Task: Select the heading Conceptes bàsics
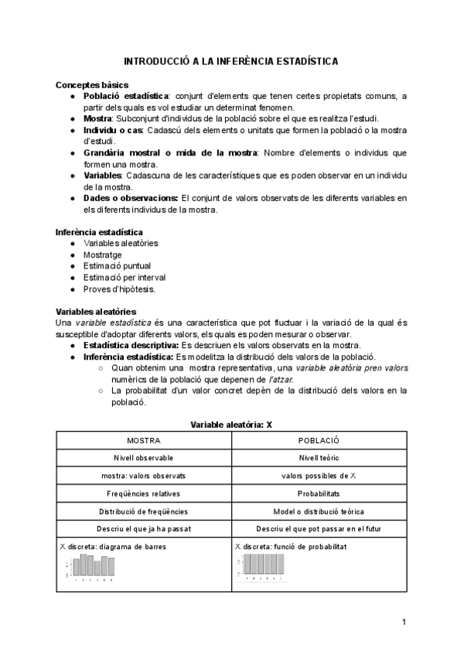point(92,84)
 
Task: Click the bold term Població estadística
point(126,96)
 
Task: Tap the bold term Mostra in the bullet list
point(97,119)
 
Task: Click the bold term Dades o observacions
point(131,199)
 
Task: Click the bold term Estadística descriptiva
point(131,345)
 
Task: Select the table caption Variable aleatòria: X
point(231,425)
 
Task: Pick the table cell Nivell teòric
point(319,458)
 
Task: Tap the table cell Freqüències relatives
point(144,494)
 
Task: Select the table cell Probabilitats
point(319,494)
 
